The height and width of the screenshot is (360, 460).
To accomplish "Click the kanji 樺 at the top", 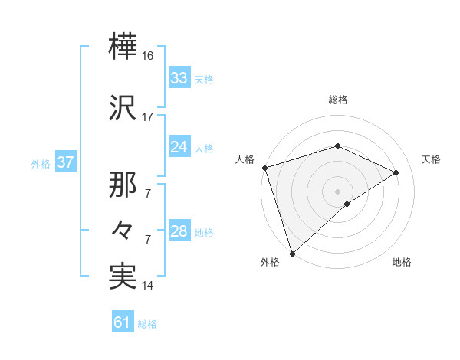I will coord(123,48).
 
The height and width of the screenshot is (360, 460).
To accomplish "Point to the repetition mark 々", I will coord(123,230).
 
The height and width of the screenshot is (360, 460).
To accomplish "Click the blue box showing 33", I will coord(179,78).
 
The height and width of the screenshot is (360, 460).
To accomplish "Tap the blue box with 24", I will coord(179,147).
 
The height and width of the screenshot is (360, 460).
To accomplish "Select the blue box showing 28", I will coord(179,231).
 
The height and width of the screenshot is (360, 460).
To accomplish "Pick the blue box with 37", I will coord(64,163).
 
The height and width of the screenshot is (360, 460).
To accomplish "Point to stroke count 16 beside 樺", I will coord(148,57).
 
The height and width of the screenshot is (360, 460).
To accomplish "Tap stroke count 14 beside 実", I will coord(148,286).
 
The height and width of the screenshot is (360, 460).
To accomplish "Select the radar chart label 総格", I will coord(337,100).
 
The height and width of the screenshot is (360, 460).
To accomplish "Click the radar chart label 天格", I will coord(431,159).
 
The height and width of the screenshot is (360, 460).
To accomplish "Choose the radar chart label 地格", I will coord(402,262).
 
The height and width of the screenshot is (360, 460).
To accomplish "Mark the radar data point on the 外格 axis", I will coord(292,253).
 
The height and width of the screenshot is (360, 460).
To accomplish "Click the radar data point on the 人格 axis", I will coord(264,168).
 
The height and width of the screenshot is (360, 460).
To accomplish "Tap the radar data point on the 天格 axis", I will coord(396,172).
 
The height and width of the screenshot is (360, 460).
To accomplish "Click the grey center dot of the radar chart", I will coord(337,191).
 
